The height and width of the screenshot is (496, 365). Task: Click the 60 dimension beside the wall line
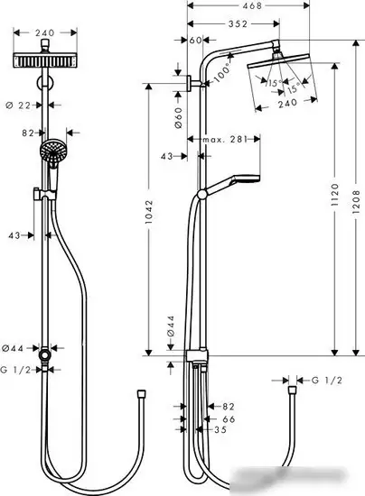[x=196, y=41]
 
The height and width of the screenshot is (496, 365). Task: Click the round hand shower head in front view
[x=53, y=149]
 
